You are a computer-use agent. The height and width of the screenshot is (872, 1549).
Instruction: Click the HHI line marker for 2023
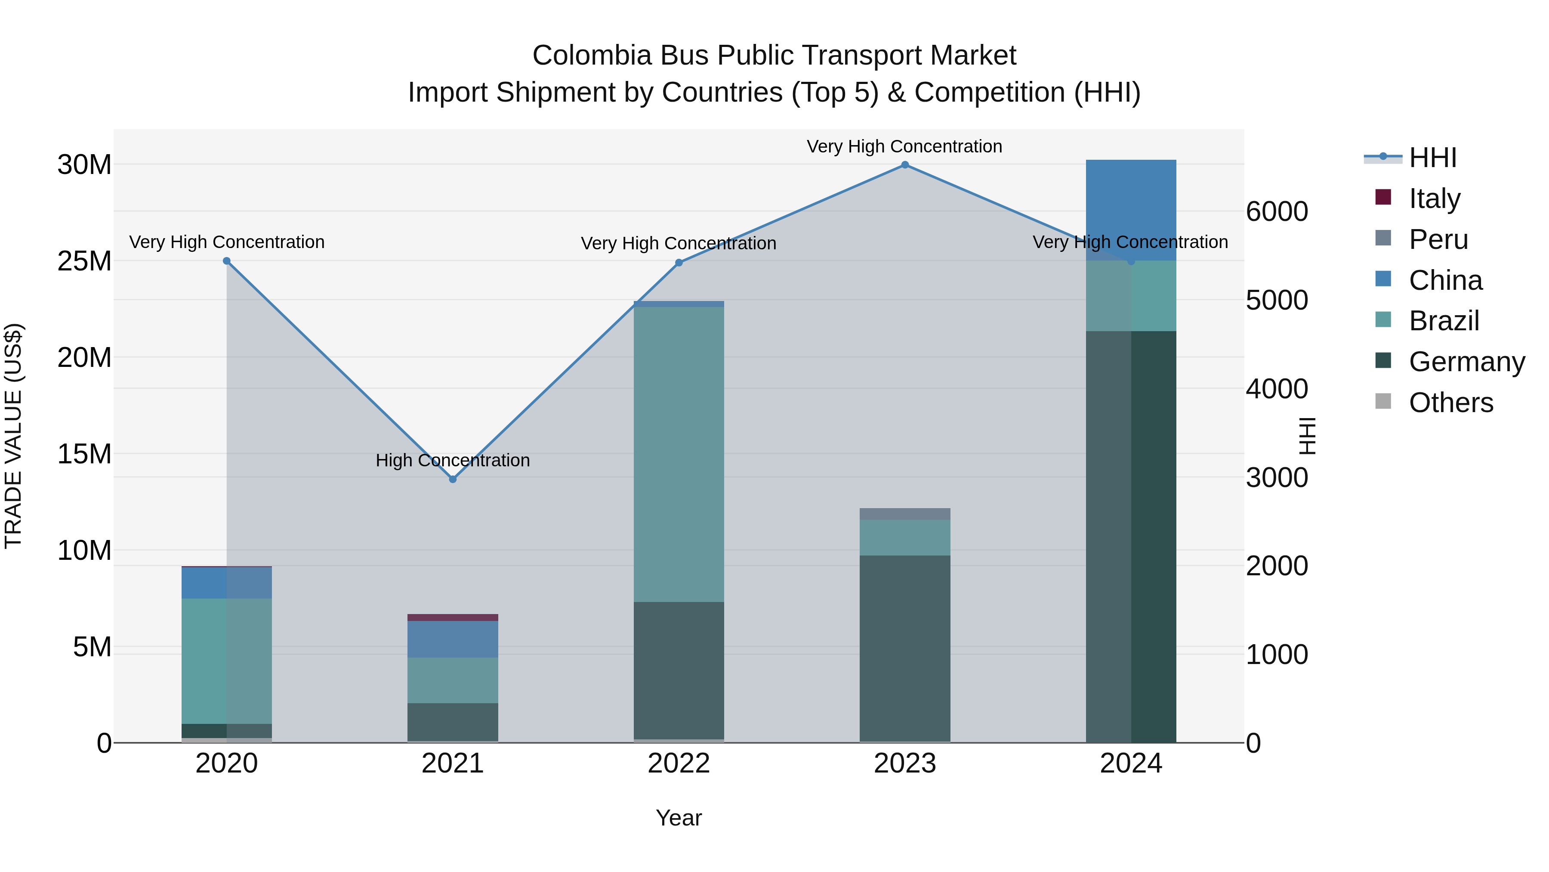pyautogui.click(x=904, y=165)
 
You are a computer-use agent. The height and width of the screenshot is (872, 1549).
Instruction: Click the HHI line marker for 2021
pyautogui.click(x=453, y=479)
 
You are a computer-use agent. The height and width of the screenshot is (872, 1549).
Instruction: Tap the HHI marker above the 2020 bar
pyautogui.click(x=227, y=261)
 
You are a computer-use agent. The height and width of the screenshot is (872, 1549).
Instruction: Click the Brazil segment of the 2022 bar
pyautogui.click(x=679, y=454)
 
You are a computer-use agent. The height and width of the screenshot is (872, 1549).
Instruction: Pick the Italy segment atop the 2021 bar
pyautogui.click(x=453, y=618)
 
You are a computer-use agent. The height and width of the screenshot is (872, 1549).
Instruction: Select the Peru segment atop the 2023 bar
pyautogui.click(x=904, y=514)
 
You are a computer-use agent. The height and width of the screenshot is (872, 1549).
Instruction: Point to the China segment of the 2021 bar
pyautogui.click(x=453, y=639)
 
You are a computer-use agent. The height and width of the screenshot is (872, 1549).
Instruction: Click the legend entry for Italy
pyautogui.click(x=1434, y=198)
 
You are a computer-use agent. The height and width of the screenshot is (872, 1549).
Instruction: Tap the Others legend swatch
pyautogui.click(x=1383, y=401)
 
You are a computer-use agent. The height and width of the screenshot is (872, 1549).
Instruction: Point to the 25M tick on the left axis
pyautogui.click(x=84, y=261)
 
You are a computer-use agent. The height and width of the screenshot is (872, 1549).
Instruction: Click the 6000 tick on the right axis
pyautogui.click(x=1277, y=211)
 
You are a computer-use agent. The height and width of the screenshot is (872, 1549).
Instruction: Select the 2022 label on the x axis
pyautogui.click(x=679, y=763)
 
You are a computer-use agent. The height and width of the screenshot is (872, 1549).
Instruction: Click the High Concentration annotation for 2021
pyautogui.click(x=453, y=460)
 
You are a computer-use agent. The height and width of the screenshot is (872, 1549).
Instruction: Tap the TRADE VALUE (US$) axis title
pyautogui.click(x=14, y=436)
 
